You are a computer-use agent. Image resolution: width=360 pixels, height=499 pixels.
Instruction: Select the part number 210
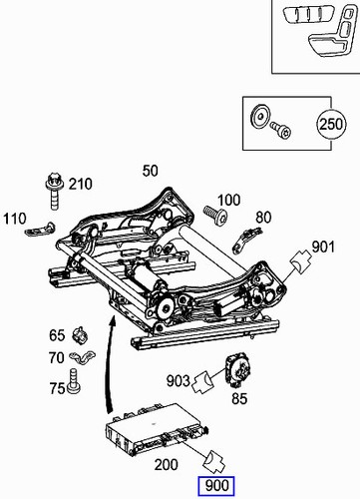click(x=80, y=184)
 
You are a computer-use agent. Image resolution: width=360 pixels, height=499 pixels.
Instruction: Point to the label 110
click(x=15, y=218)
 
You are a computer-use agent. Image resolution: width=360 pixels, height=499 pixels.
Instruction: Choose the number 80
click(x=263, y=217)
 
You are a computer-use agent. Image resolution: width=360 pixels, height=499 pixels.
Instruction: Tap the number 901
click(x=323, y=247)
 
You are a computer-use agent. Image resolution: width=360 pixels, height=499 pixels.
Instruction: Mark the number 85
click(x=239, y=401)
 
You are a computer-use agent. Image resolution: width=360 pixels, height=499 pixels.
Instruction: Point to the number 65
click(x=57, y=334)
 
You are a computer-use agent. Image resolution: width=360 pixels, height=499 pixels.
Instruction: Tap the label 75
click(x=57, y=386)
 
